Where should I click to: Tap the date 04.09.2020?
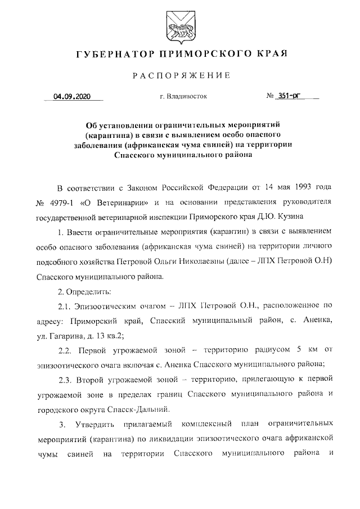(71, 96)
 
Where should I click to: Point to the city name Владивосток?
(187, 96)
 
